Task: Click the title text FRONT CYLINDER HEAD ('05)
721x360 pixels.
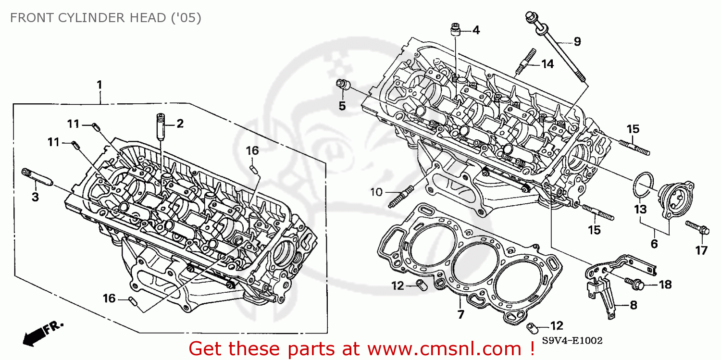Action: [105, 18]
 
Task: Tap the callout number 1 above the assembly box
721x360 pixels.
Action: [99, 85]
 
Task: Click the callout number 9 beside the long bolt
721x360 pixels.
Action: [577, 41]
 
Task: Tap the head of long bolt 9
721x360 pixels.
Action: [531, 18]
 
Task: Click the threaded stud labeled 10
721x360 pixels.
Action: [401, 197]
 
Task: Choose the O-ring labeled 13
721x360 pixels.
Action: [643, 185]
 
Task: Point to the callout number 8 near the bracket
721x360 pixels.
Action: [634, 304]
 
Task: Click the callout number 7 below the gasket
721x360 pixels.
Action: [460, 315]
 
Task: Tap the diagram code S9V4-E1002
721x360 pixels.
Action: [572, 341]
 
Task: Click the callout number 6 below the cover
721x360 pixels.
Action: [654, 244]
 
